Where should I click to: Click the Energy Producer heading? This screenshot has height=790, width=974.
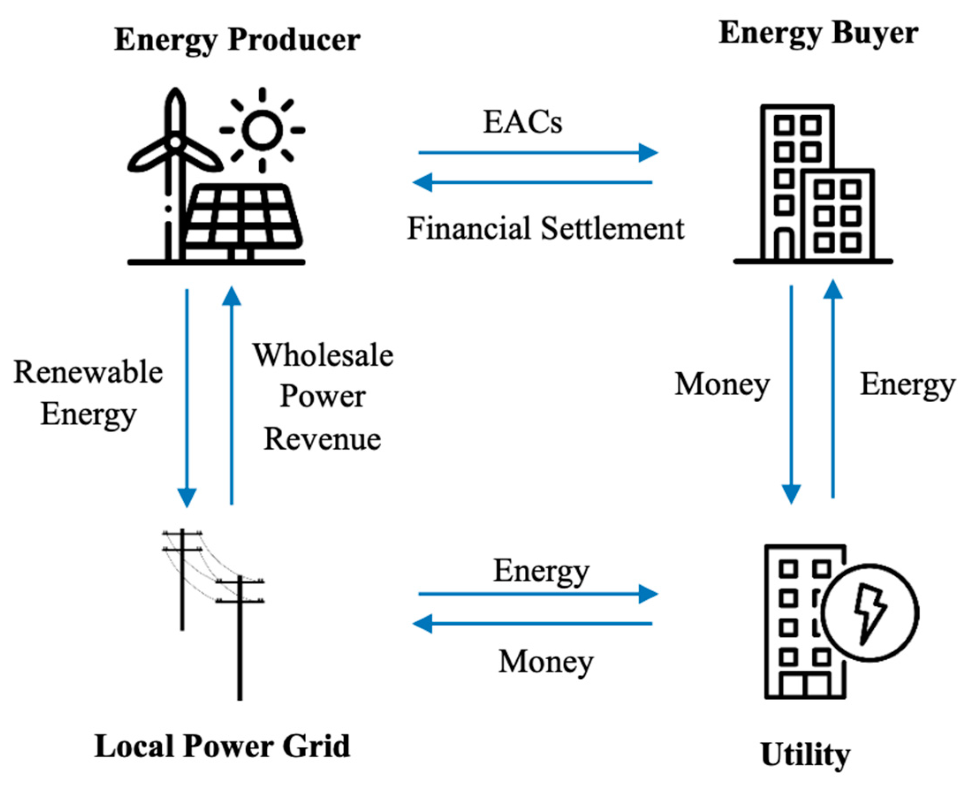[x=237, y=40]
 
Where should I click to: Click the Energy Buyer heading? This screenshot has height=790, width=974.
[x=818, y=34]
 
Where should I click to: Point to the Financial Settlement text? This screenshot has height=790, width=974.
[x=545, y=228]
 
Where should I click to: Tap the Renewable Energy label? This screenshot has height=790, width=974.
[x=88, y=392]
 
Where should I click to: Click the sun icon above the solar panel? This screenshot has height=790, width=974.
[x=262, y=130]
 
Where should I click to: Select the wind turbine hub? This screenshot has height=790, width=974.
[x=175, y=143]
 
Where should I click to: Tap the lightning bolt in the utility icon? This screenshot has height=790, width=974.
[x=869, y=613]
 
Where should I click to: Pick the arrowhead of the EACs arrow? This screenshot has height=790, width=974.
[x=648, y=152]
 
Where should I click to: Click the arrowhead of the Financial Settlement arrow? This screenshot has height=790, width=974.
[x=422, y=182]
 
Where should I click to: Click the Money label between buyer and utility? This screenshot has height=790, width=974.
[x=721, y=385]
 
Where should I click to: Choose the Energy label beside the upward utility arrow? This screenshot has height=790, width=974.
[x=907, y=385]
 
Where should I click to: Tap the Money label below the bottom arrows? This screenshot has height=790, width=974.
[x=546, y=661]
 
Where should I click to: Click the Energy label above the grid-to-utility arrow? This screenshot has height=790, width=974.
[x=541, y=571]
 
